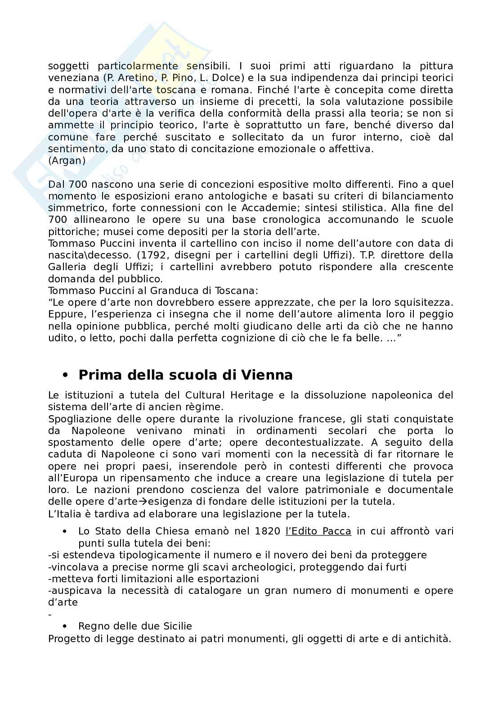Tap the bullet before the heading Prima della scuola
66,375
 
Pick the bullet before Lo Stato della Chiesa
66,532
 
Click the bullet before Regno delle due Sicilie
66,626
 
